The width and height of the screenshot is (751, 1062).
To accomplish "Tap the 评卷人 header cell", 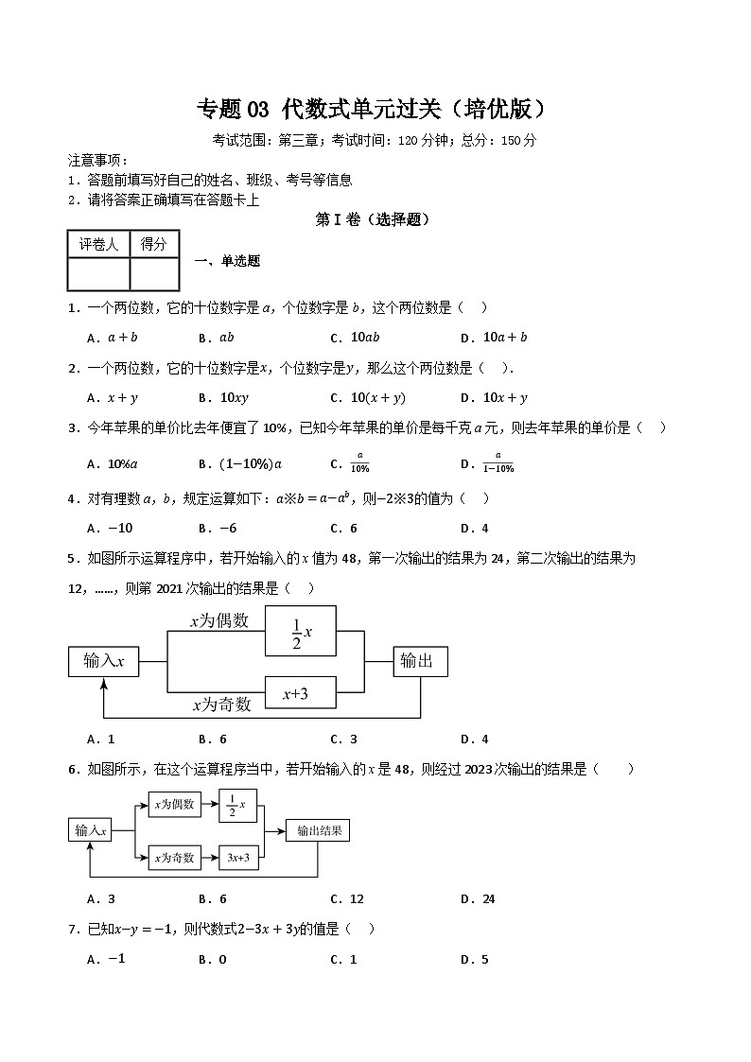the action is (98, 244).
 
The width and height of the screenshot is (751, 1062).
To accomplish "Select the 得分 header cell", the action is (154, 244).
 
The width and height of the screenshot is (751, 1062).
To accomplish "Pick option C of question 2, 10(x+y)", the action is (377, 398).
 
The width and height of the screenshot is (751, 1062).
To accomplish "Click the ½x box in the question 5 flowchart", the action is (301, 631).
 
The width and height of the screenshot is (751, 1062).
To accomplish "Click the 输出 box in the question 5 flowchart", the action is (420, 661).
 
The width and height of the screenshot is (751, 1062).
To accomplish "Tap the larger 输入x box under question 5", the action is (104, 661).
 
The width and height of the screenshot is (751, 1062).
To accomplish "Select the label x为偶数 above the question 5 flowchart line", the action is (219, 621).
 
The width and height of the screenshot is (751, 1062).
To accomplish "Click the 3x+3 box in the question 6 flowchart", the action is (237, 858).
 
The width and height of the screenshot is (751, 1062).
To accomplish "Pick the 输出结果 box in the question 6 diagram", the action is (318, 830).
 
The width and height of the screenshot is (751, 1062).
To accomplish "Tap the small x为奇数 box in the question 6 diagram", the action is (174, 858).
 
